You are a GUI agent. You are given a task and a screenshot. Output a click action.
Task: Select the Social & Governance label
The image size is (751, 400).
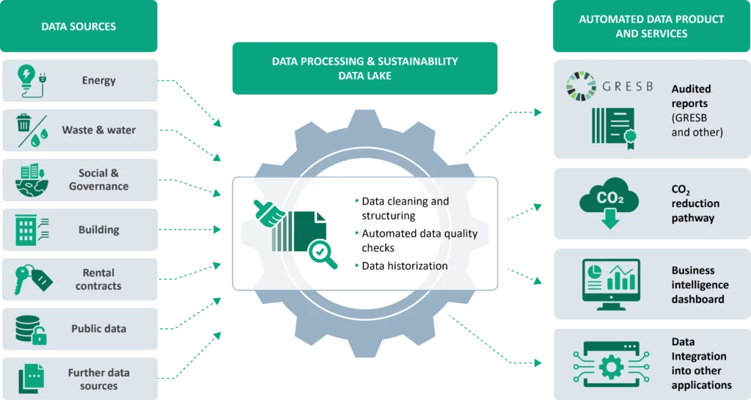[x=98, y=180]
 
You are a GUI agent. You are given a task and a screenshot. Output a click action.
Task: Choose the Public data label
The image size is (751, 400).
[x=98, y=329]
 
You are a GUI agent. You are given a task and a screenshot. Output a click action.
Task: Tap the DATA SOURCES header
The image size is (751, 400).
[x=78, y=26]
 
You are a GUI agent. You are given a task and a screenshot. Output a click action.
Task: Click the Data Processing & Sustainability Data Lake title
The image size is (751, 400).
[x=364, y=68]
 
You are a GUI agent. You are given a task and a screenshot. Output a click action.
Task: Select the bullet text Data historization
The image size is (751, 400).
[x=404, y=266]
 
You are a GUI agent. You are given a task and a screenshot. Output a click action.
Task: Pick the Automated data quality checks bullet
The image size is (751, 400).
[x=419, y=241]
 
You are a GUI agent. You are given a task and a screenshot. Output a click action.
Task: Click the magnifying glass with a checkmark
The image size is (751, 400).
[x=321, y=253]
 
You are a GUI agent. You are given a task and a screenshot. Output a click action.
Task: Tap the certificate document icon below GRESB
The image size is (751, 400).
[x=612, y=125]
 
